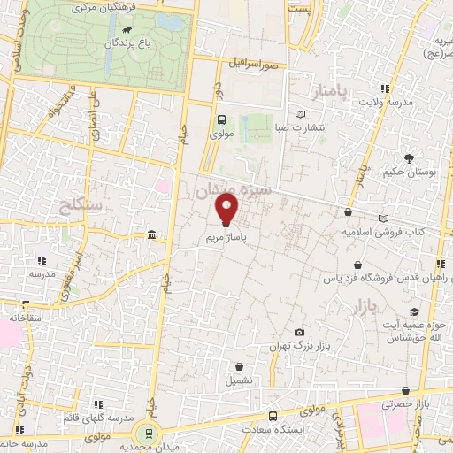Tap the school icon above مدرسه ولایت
pyautogui.click(x=385, y=88)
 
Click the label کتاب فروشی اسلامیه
pyautogui.click(x=383, y=232)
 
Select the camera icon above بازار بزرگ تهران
pyautogui.click(x=299, y=330)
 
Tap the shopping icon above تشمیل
pyautogui.click(x=238, y=365)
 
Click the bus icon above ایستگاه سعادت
pyautogui.click(x=273, y=415)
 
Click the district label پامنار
pyautogui.click(x=332, y=93)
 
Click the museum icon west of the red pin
pyautogui.click(x=152, y=234)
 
